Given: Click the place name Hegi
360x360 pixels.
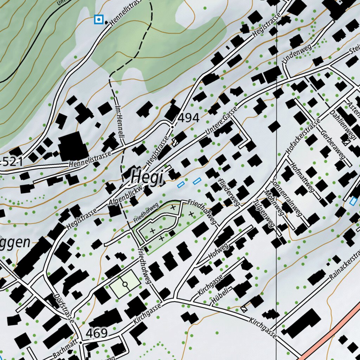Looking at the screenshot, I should (x=147, y=177).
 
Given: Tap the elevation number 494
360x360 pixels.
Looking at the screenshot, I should (x=188, y=118).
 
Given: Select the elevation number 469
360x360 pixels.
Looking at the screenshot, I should (x=96, y=333).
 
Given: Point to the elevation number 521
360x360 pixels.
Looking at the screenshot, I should (x=12, y=162).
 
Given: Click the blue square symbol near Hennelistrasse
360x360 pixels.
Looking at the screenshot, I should (x=99, y=19).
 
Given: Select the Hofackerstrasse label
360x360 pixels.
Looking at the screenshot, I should (x=303, y=136).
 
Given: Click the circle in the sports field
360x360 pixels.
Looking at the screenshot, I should (x=125, y=284).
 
